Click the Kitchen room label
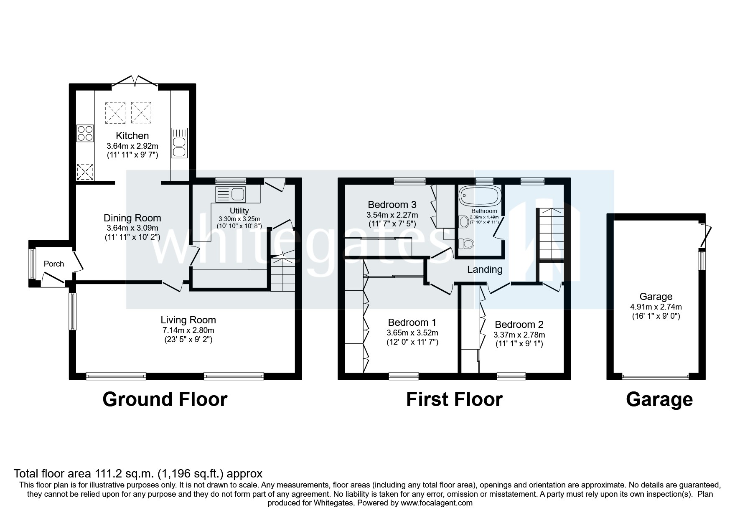(132, 136)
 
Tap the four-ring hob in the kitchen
(85, 133)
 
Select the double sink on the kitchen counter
(180, 143)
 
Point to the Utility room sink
(230, 194)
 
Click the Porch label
(54, 264)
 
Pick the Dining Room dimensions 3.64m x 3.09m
(132, 228)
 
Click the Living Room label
(188, 320)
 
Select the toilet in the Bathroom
(467, 243)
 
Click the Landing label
(485, 269)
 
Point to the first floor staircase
(550, 234)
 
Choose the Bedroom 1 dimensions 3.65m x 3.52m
(412, 333)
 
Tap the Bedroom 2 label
(519, 325)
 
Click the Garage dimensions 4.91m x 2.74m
(656, 307)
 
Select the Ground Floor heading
(165, 399)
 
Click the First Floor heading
(454, 399)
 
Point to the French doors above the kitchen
(135, 81)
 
